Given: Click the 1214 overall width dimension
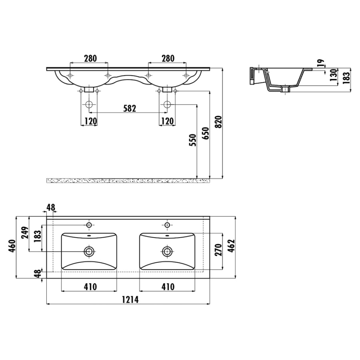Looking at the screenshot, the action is click(x=130, y=300).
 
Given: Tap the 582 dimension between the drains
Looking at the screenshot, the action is click(x=130, y=108).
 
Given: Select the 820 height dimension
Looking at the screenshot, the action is click(x=219, y=122).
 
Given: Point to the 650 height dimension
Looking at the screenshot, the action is click(x=206, y=133).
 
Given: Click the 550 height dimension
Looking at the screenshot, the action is click(x=193, y=140).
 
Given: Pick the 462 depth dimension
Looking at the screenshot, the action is click(x=232, y=246).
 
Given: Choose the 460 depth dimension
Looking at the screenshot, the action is click(x=12, y=246).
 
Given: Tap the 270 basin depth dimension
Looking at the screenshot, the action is click(x=218, y=250).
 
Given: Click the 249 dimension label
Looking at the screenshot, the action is click(x=25, y=232).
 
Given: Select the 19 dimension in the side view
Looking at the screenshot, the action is click(x=321, y=63).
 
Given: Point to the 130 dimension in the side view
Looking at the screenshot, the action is click(x=333, y=75).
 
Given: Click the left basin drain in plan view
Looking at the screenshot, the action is click(x=89, y=252).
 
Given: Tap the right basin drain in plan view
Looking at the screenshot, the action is click(x=167, y=252).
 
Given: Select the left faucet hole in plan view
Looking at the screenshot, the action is click(x=89, y=225).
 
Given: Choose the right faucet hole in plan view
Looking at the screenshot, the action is click(x=167, y=225).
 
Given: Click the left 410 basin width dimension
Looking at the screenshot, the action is click(x=90, y=287).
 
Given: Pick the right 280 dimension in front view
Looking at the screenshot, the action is click(x=168, y=58).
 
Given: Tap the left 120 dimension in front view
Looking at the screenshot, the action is click(x=91, y=121).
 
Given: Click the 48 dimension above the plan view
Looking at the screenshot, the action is click(x=51, y=207).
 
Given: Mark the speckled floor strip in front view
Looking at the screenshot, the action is click(x=128, y=180).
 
